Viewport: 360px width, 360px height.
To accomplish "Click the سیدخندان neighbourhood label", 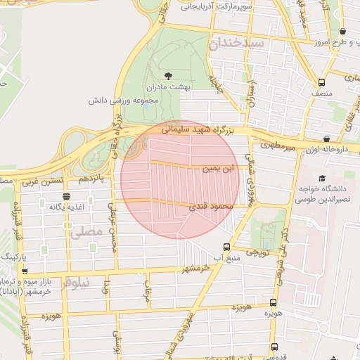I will coord(236,44).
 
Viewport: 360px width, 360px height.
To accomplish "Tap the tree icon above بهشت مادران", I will coord(167,76).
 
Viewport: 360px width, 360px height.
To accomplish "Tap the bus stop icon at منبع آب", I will coord(226,247).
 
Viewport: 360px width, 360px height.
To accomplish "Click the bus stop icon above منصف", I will coord(322,82).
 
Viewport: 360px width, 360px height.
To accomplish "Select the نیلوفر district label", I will coord(75,283).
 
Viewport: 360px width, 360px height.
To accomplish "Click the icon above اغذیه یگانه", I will coord(65,196).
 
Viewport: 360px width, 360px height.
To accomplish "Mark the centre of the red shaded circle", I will coord(180,179).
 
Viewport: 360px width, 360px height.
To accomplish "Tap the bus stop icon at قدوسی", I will coord(274,347).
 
